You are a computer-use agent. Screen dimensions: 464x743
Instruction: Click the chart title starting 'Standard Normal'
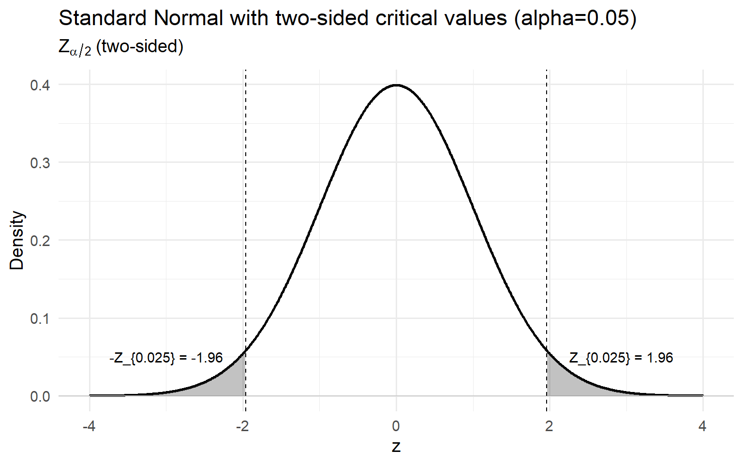[x=347, y=18]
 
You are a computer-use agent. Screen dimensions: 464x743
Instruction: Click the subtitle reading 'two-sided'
[x=121, y=47]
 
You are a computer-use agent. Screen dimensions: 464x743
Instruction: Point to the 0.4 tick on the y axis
[x=40, y=85]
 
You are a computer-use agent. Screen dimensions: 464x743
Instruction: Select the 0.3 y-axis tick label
[x=40, y=163]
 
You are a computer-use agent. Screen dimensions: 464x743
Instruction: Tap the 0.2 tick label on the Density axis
[x=40, y=241]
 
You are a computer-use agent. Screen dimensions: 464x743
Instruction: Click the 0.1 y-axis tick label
[x=40, y=319]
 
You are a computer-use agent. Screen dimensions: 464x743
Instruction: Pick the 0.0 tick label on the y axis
[x=40, y=396]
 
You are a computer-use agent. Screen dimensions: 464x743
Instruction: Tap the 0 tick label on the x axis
[x=396, y=426]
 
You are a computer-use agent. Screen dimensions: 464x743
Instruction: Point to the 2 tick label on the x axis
[x=549, y=426]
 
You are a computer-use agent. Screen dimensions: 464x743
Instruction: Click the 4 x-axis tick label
[x=702, y=426]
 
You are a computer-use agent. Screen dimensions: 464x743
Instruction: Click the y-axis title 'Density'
[x=17, y=240]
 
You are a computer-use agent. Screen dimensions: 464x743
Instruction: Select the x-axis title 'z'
[x=396, y=447]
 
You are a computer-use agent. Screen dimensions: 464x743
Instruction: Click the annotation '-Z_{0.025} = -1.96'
[x=166, y=358]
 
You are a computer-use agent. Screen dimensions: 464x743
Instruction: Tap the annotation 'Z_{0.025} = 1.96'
[x=621, y=358]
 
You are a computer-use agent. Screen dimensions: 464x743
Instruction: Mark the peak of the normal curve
[x=396, y=85]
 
